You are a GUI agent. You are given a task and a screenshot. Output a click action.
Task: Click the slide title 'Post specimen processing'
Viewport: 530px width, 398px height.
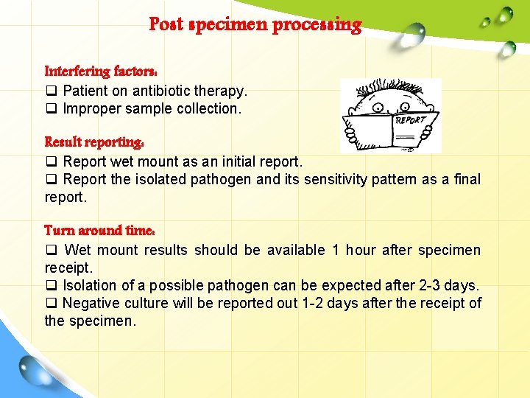click(255, 25)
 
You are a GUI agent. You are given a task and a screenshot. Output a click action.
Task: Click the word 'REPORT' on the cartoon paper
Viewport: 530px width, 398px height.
click(410, 119)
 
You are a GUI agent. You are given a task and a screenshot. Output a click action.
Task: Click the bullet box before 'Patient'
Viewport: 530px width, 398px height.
click(51, 91)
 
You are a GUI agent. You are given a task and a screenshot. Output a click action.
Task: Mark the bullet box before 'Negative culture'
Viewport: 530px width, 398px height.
click(51, 303)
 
